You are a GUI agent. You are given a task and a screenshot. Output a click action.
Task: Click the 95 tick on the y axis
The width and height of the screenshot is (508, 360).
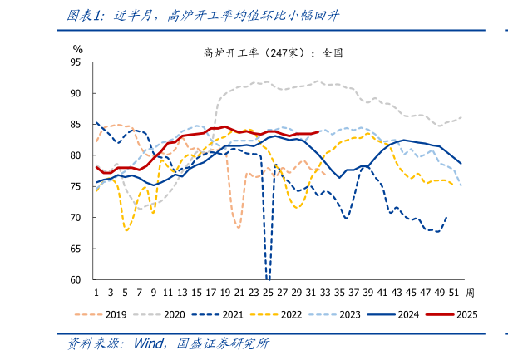[76, 62]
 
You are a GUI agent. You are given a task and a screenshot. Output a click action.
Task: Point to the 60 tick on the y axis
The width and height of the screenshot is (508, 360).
[76, 280]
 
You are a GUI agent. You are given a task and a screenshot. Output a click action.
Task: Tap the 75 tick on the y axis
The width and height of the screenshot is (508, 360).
[76, 187]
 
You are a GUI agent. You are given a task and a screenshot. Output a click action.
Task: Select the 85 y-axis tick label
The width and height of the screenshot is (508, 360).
[76, 125]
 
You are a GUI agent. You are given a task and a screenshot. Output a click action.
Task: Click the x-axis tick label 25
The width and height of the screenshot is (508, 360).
[268, 293]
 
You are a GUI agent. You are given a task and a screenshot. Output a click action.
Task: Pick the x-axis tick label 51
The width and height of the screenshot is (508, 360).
[454, 293]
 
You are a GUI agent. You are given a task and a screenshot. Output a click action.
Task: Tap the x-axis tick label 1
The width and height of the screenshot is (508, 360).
[96, 293]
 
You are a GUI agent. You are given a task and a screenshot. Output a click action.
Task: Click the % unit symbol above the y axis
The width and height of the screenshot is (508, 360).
[77, 50]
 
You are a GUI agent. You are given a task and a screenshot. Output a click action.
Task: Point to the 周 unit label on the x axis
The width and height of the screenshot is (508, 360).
[471, 293]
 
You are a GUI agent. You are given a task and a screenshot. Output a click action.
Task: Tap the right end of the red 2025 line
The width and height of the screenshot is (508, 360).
[318, 131]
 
